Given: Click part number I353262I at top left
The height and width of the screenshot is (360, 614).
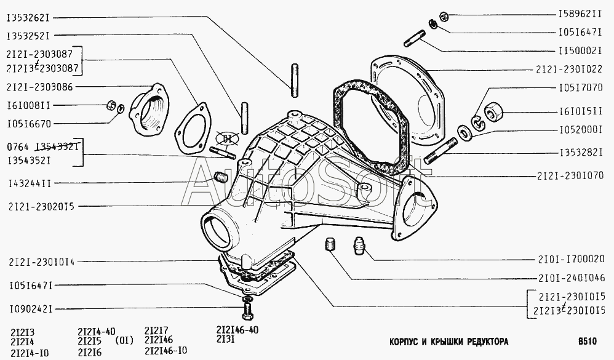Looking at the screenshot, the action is tap(29, 17).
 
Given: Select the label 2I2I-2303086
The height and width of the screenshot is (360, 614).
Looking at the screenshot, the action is tap(41, 87).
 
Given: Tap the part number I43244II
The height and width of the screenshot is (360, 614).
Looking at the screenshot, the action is tap(29, 183).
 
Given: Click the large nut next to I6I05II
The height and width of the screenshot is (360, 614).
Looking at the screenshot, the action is tap(495, 113).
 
